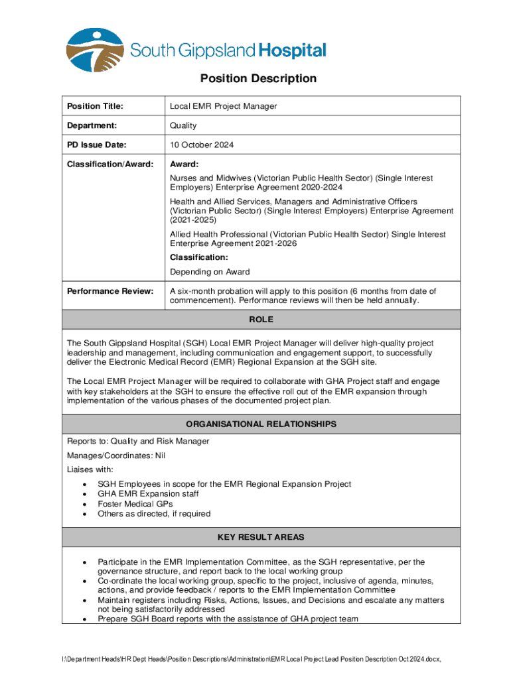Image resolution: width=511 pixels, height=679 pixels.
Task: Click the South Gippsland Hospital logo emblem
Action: tap(94, 50)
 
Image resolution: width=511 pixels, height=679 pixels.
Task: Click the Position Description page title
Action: tap(258, 79)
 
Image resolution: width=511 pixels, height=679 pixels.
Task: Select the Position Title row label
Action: tap(95, 106)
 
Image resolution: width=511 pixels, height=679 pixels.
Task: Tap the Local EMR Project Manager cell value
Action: tap(223, 106)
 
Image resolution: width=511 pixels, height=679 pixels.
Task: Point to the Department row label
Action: tap(92, 125)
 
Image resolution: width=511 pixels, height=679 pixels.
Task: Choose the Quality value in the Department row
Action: tap(183, 125)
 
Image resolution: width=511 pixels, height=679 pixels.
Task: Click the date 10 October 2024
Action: tap(202, 145)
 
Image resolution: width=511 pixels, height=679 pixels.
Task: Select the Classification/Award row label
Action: tap(110, 164)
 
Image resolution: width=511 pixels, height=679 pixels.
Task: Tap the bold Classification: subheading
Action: tap(199, 257)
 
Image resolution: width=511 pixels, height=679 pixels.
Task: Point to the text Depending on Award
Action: tap(210, 272)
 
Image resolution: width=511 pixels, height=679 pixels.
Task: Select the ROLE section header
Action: tap(261, 320)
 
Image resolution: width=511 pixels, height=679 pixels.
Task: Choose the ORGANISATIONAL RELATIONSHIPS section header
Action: tap(261, 424)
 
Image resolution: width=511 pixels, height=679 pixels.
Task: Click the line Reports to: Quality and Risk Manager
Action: tap(138, 442)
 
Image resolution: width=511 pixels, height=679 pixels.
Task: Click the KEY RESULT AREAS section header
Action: tap(261, 537)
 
